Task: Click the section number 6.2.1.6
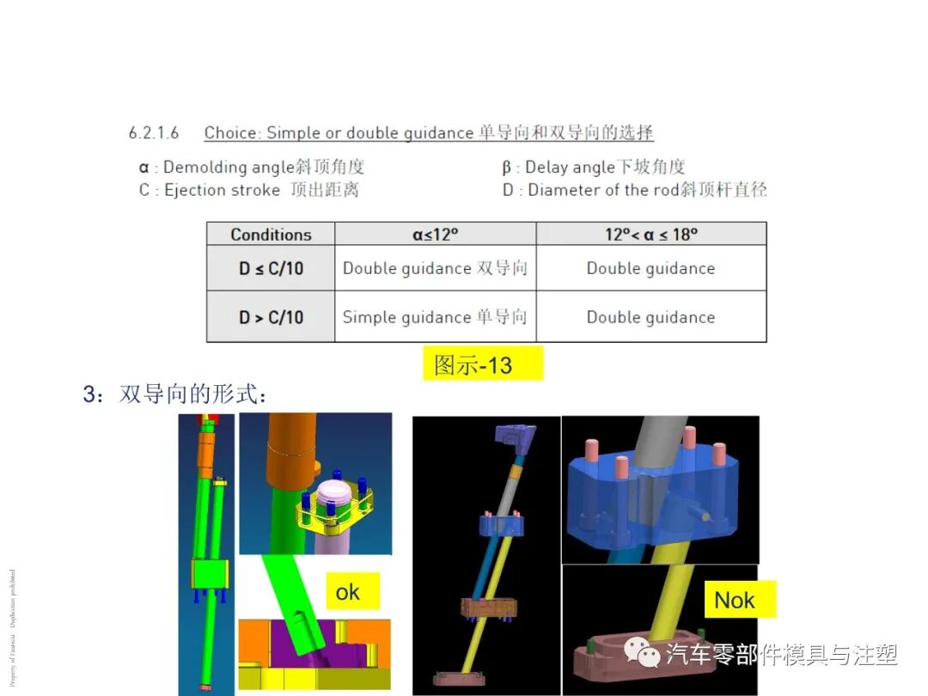pos(154,133)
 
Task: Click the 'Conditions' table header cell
pos(271,235)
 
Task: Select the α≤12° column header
pos(436,235)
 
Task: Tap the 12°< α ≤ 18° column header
pos(650,235)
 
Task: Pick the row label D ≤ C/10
pos(271,269)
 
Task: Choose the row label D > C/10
pos(271,317)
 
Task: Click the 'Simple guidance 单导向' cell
pos(435,317)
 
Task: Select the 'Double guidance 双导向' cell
pos(435,269)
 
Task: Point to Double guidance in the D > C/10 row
pos(650,317)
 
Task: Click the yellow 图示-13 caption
pos(483,363)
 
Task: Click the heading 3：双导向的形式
pos(175,394)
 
